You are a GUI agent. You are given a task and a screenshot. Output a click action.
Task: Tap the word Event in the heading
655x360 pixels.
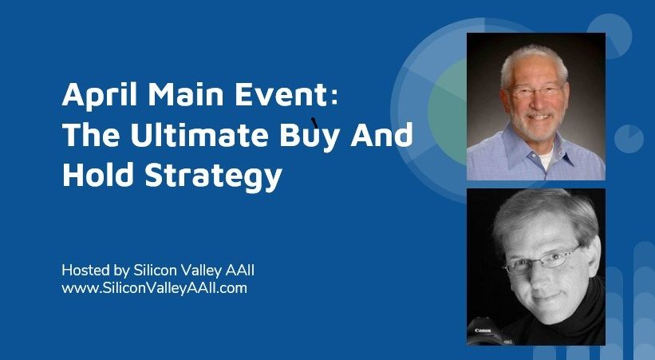[x=281, y=94]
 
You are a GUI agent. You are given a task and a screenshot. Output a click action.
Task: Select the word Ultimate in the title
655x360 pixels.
[x=199, y=135]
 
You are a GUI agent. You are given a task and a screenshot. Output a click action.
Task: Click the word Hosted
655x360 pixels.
[x=86, y=270]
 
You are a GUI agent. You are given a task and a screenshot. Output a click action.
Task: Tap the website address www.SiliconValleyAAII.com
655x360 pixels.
[x=154, y=288]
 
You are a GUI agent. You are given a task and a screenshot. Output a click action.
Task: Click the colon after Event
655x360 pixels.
[x=333, y=98]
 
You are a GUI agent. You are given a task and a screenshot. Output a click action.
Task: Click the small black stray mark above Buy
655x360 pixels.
[x=315, y=122]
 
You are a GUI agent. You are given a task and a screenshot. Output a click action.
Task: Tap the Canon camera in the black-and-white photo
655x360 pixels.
[x=490, y=332]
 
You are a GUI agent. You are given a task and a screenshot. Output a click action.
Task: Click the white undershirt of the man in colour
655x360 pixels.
[x=545, y=160]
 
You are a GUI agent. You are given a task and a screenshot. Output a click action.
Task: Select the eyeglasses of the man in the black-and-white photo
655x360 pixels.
[x=542, y=260]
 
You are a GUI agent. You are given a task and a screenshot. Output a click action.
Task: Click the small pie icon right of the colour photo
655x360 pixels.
[x=629, y=139]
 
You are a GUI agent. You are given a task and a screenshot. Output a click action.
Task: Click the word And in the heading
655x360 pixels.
[x=382, y=135]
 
